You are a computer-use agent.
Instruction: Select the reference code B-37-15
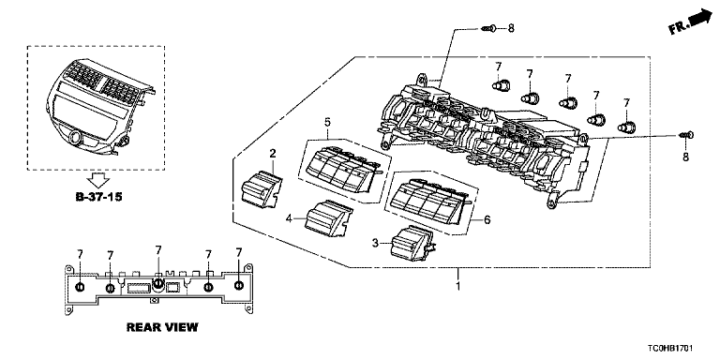tap(98, 198)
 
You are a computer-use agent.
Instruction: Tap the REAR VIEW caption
tap(162, 327)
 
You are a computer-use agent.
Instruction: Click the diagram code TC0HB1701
tap(672, 350)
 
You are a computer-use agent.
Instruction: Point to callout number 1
tap(457, 286)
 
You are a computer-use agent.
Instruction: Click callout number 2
tap(272, 154)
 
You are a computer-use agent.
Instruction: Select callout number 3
tap(376, 244)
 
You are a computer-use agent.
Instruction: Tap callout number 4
tap(289, 218)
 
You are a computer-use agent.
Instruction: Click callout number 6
tap(487, 220)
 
